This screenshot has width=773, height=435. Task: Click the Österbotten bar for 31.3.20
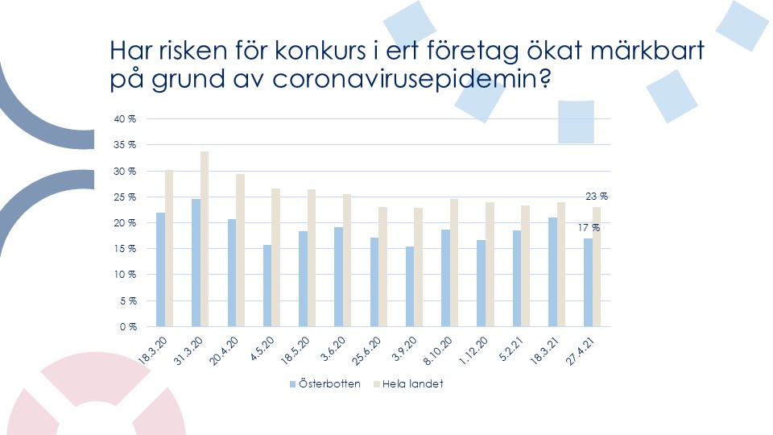click(x=196, y=263)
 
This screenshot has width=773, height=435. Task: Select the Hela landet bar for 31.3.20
click(x=204, y=238)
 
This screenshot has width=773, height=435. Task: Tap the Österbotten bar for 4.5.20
click(x=267, y=285)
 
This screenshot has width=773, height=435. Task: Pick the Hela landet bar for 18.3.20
click(x=168, y=248)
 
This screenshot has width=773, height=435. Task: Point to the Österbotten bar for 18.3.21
click(x=552, y=271)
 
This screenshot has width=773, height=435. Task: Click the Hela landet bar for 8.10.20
click(x=453, y=263)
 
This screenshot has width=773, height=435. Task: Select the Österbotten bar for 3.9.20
click(x=410, y=286)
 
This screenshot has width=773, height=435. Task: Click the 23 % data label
click(x=597, y=197)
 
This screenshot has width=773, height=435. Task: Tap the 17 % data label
click(x=589, y=228)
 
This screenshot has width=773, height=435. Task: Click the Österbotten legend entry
click(x=324, y=383)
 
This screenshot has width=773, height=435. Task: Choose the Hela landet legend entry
click(x=409, y=383)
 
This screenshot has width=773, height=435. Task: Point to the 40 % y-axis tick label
click(x=125, y=119)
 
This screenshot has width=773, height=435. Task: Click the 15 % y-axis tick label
click(x=125, y=249)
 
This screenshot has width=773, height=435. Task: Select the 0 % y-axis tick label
click(x=128, y=326)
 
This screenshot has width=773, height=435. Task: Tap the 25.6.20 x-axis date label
click(x=366, y=350)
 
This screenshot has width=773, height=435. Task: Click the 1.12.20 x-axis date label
click(x=473, y=350)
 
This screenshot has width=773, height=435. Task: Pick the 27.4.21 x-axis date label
click(x=581, y=351)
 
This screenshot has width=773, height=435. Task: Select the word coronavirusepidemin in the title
click(x=411, y=80)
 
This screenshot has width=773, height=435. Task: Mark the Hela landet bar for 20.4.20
click(x=240, y=250)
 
